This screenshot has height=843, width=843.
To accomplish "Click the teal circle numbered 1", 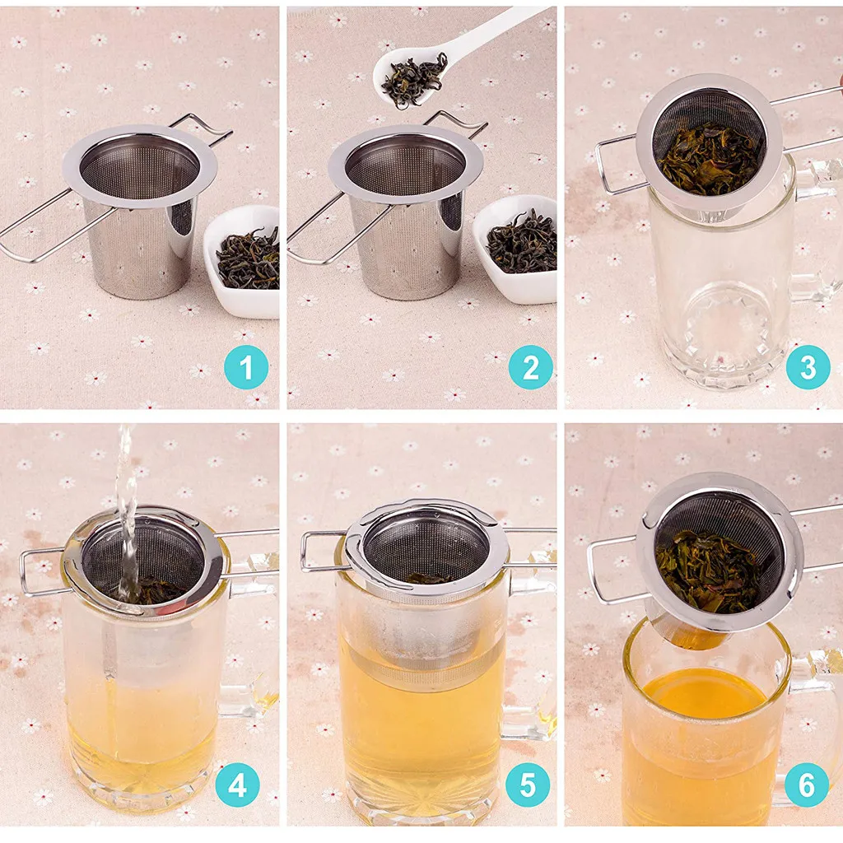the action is coord(245,367).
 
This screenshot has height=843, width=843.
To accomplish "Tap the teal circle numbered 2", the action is coord(530,367).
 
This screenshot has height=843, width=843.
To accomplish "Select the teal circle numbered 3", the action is coord(808,367).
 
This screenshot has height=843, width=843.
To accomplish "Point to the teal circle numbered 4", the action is coord(237,785).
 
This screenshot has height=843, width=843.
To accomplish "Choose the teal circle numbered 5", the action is coord(528,785).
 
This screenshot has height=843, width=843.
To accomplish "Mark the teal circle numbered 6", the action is coord(807,785).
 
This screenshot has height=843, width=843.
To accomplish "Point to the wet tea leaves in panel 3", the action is coord(710,160).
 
